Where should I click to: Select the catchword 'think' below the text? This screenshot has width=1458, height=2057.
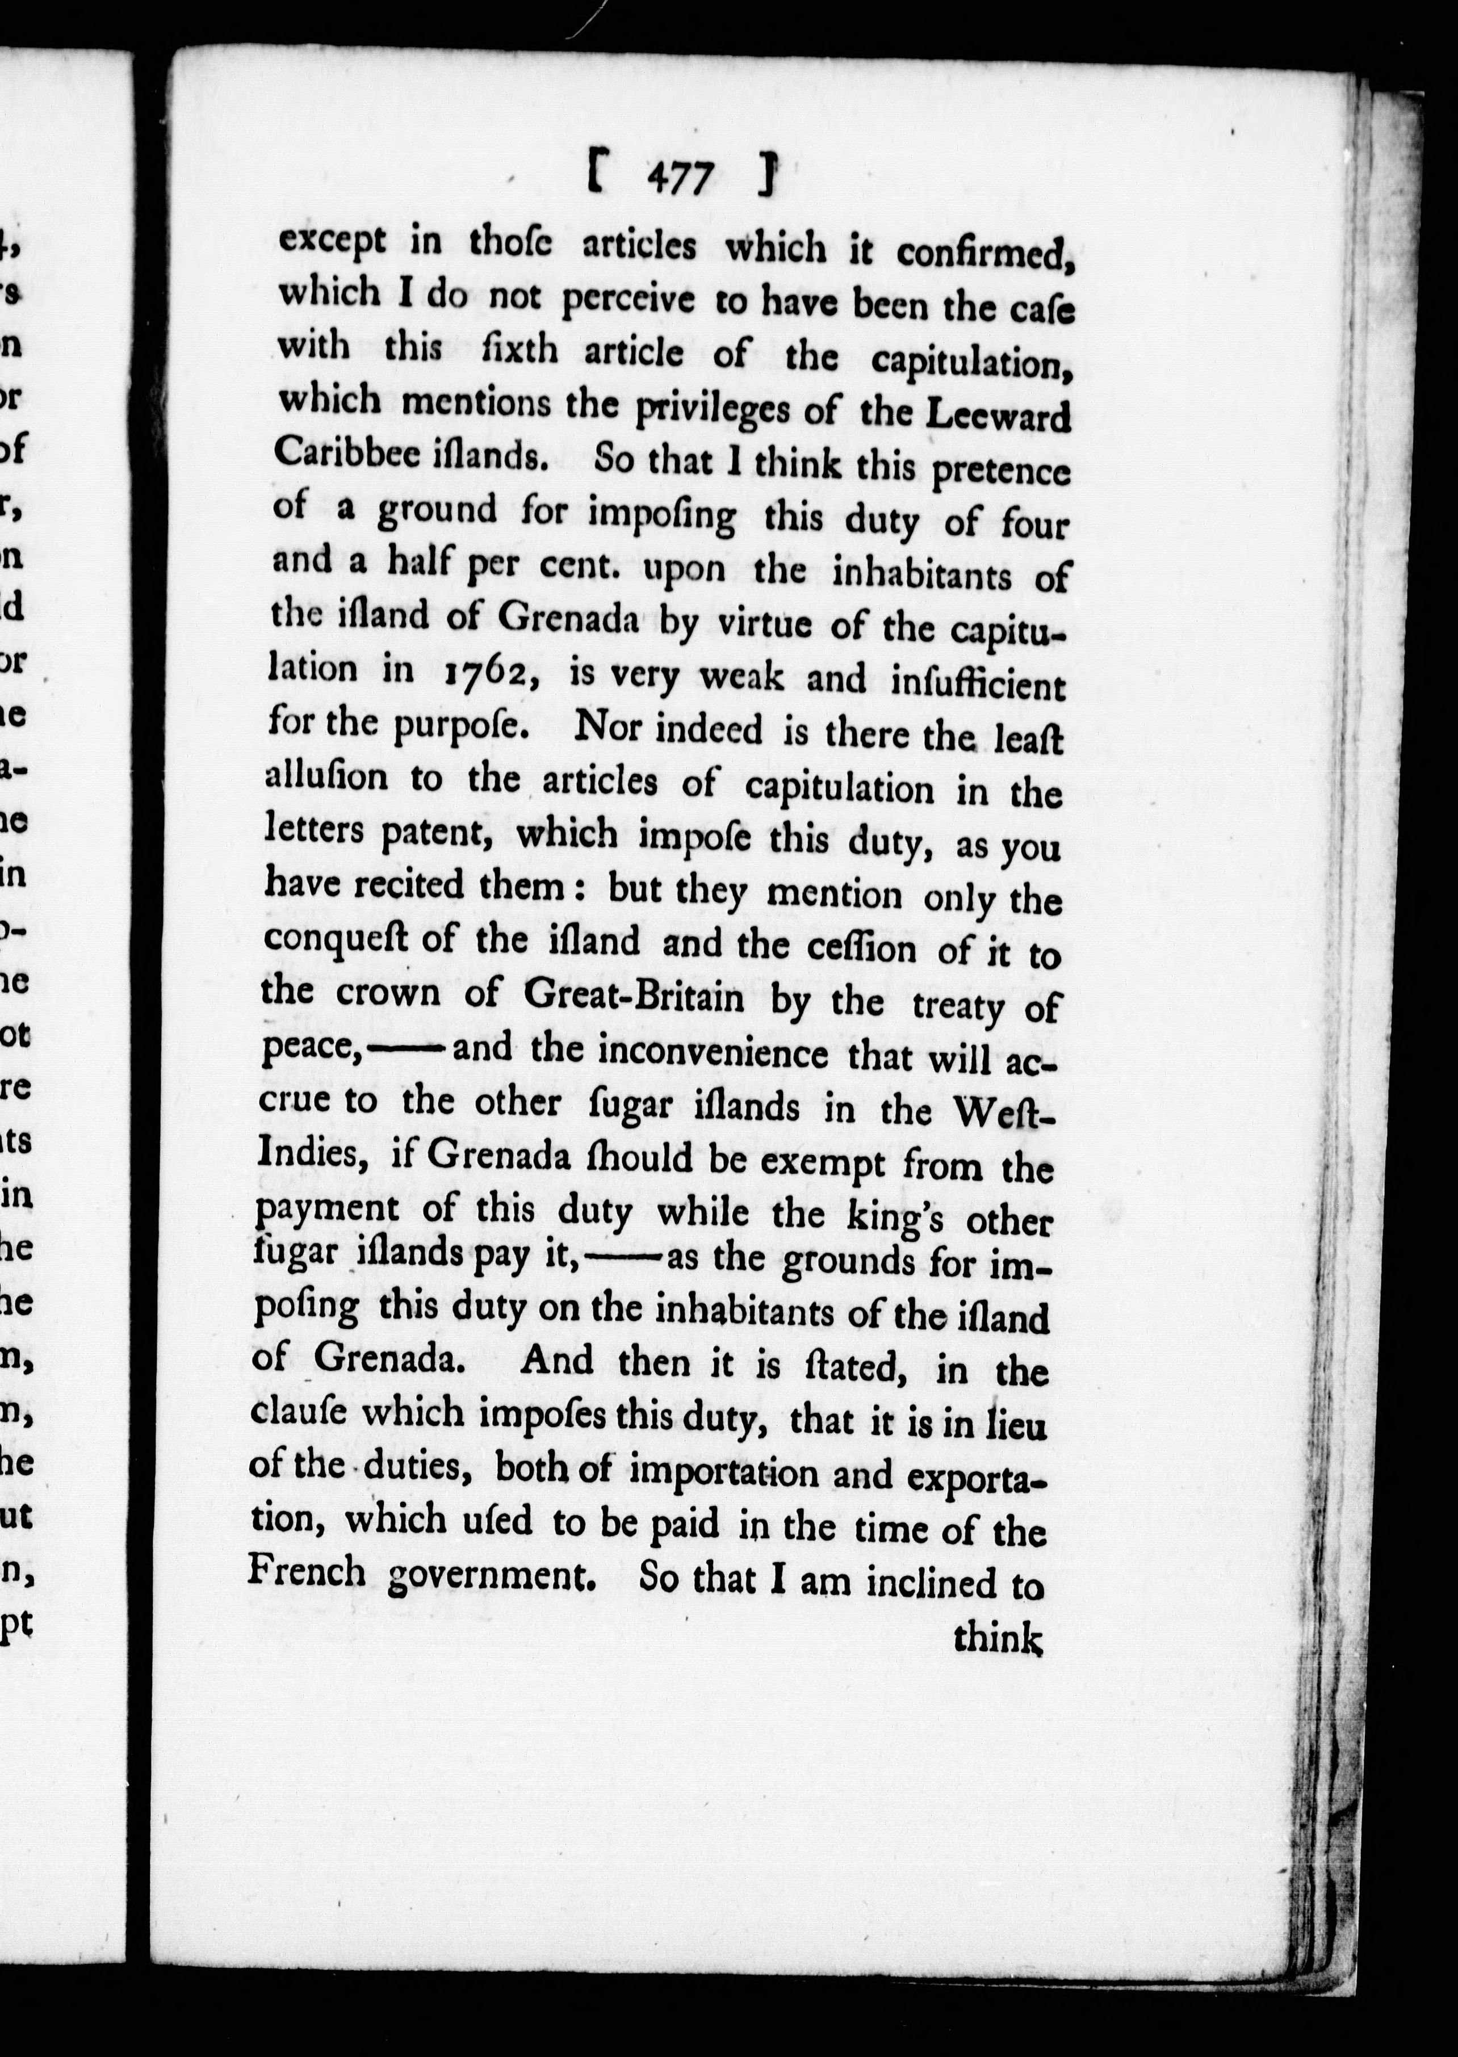pyautogui.click(x=996, y=1638)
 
